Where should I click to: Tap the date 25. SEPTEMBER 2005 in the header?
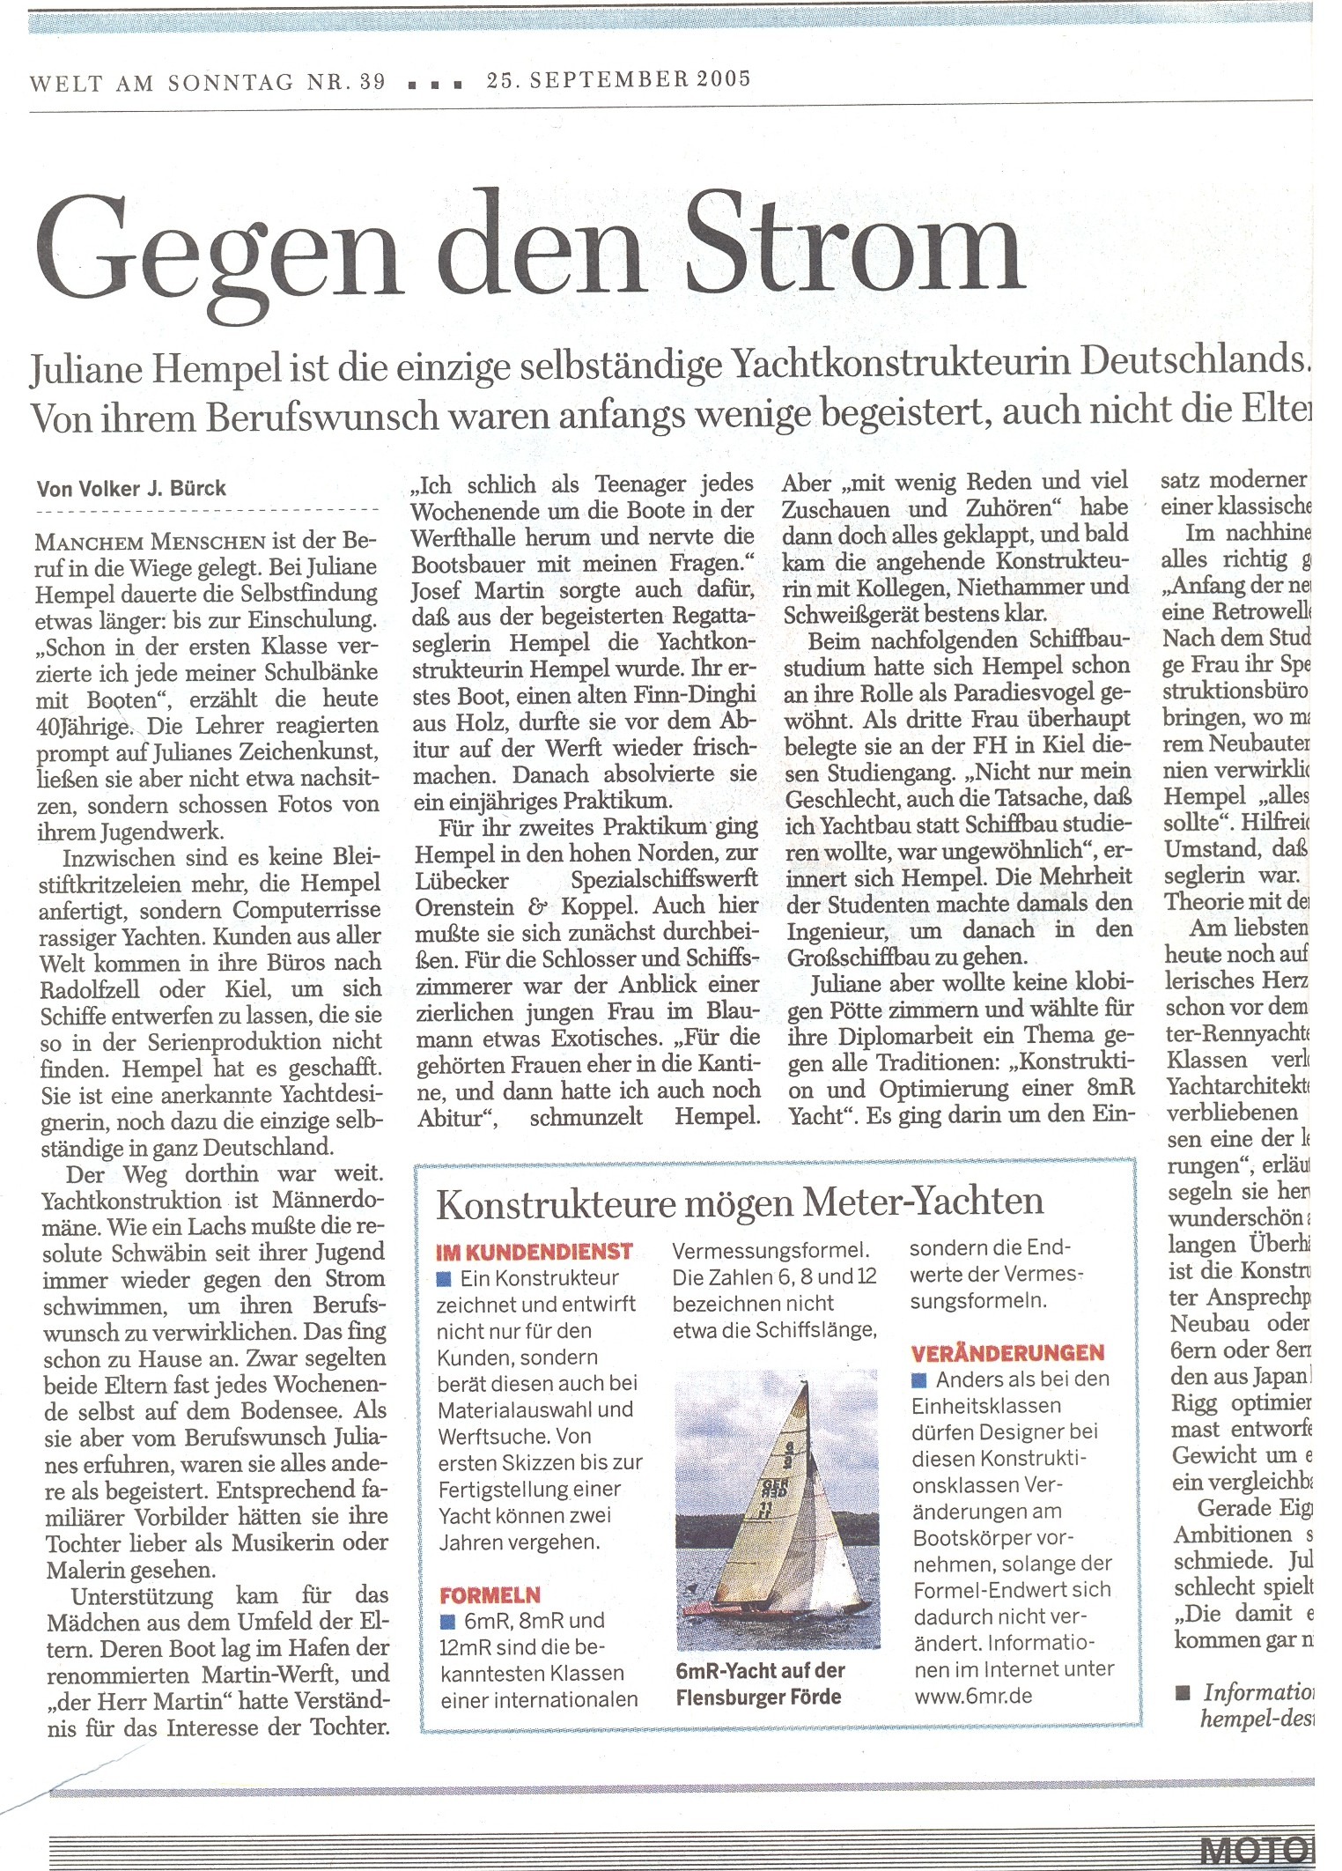[x=618, y=79]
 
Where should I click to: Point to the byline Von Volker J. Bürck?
[x=132, y=489]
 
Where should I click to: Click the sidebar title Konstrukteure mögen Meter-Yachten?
[x=740, y=1202]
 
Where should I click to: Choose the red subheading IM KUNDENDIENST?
[x=534, y=1252]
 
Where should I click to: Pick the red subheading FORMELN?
[x=490, y=1595]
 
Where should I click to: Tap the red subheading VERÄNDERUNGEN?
[x=1006, y=1353]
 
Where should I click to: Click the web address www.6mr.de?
[x=973, y=1696]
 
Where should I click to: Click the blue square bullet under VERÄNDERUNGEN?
[x=920, y=1379]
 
